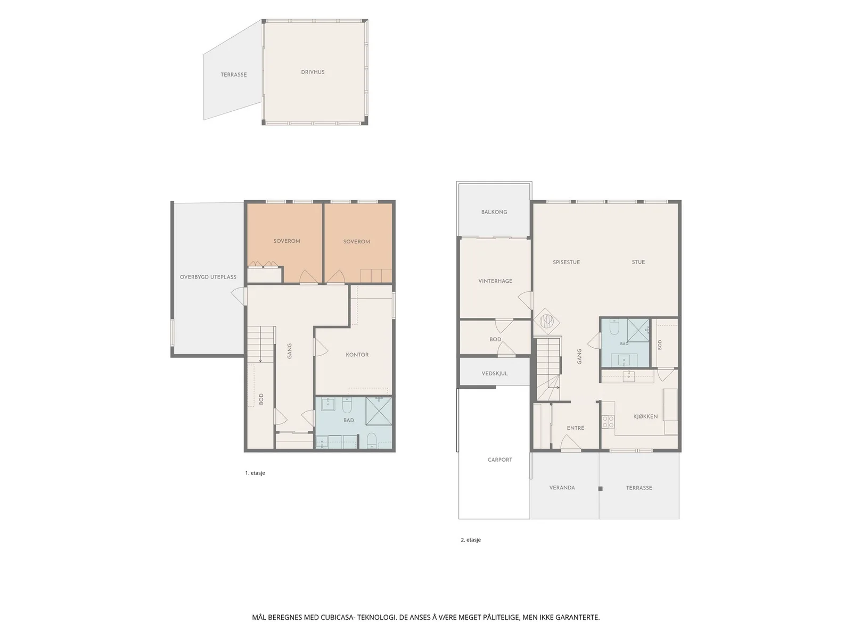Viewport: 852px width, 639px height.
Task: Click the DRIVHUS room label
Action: click(x=313, y=72)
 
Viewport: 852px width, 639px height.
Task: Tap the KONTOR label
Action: click(x=357, y=355)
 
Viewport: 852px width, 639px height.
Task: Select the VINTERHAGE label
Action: click(x=495, y=281)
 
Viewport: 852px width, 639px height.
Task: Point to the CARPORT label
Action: click(x=499, y=460)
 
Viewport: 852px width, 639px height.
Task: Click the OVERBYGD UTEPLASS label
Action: click(x=208, y=277)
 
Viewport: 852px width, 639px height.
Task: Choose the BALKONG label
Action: click(x=494, y=212)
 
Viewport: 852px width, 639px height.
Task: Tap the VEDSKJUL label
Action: click(x=495, y=374)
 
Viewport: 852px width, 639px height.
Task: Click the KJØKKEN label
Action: click(x=645, y=416)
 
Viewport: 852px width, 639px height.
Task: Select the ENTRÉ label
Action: click(x=575, y=428)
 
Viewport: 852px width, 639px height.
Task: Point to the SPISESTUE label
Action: click(x=567, y=263)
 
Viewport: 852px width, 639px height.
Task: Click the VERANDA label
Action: click(x=562, y=488)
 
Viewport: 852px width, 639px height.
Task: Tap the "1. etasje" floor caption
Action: click(x=255, y=473)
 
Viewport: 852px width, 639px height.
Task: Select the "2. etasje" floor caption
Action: click(x=470, y=539)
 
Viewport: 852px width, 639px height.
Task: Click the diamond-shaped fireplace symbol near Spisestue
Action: click(x=546, y=321)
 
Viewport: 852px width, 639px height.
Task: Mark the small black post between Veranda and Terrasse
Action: click(x=600, y=489)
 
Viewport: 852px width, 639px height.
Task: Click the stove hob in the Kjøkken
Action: click(x=608, y=422)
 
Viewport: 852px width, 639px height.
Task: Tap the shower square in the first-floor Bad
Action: click(x=379, y=411)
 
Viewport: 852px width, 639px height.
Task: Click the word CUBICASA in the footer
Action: click(x=337, y=617)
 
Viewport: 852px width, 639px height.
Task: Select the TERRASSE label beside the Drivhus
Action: click(x=234, y=75)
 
